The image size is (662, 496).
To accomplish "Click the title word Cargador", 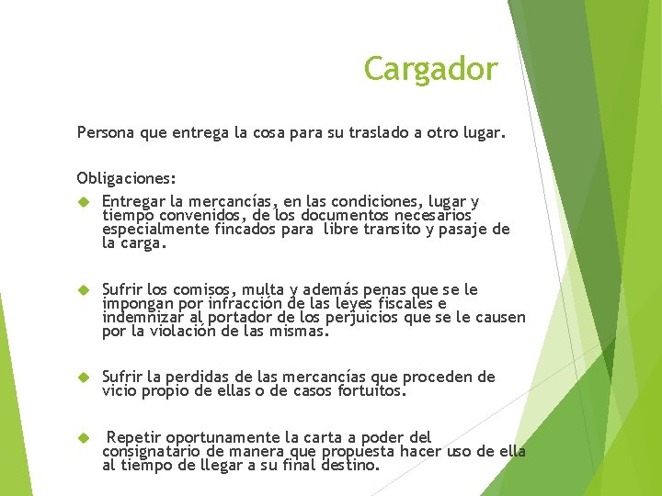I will coord(430,69).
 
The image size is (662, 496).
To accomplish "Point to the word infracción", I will coord(242,304).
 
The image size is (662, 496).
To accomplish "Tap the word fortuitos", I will coord(370,390).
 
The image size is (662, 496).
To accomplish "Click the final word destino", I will coord(348,465).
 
